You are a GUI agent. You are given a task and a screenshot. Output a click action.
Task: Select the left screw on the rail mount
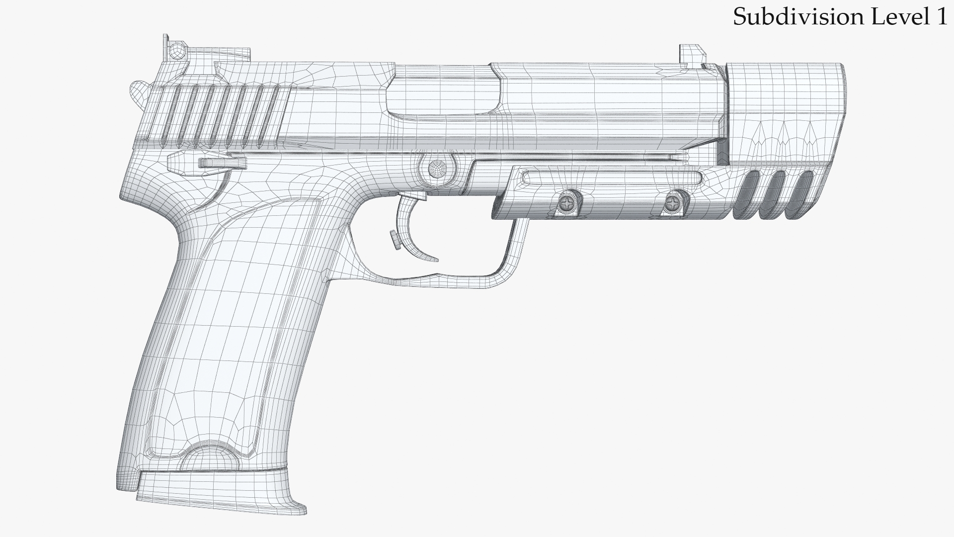567,202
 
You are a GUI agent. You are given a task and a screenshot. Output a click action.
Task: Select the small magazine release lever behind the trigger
396,240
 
